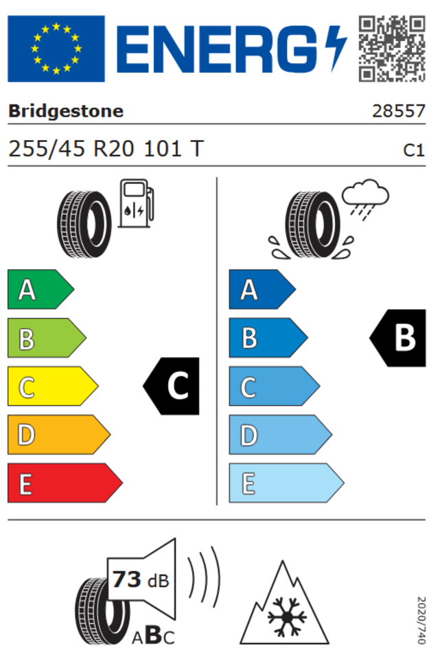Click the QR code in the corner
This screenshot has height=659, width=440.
click(392, 49)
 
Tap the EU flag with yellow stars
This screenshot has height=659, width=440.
click(56, 49)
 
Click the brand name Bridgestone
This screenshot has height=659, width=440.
click(66, 111)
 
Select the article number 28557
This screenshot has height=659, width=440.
click(399, 111)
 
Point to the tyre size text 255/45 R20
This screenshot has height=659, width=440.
click(71, 149)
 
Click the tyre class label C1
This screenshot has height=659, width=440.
click(414, 150)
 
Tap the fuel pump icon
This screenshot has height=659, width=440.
click(136, 203)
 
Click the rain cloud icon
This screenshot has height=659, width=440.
click(365, 199)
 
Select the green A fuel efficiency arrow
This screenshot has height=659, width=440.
click(40, 290)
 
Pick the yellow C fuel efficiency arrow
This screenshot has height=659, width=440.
click(53, 386)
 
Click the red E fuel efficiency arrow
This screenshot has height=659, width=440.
click(65, 483)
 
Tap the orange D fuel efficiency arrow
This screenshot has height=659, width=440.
click(59, 435)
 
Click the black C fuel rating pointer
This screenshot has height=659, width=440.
click(171, 386)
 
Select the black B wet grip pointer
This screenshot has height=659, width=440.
click(397, 338)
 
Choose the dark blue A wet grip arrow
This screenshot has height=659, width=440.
click(262, 290)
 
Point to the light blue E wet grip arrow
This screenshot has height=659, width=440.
click(287, 483)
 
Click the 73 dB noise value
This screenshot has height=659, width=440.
click(141, 580)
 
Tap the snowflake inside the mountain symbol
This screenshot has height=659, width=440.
click(287, 617)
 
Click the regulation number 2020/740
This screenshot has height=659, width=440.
click(421, 621)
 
